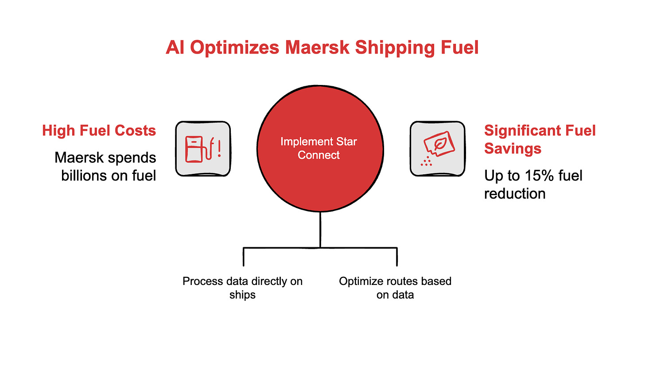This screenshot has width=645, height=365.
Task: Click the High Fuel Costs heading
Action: tap(99, 131)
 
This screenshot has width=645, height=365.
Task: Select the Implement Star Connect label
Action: tap(319, 149)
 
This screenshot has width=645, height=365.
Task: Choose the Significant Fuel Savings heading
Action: tap(540, 139)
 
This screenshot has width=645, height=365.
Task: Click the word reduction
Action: tap(514, 193)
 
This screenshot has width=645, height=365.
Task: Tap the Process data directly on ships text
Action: tap(242, 288)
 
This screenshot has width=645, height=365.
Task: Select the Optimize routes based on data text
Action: tap(395, 288)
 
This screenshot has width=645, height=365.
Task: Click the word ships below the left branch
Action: tap(242, 295)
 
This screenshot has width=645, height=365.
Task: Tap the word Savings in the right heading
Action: tap(513, 148)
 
